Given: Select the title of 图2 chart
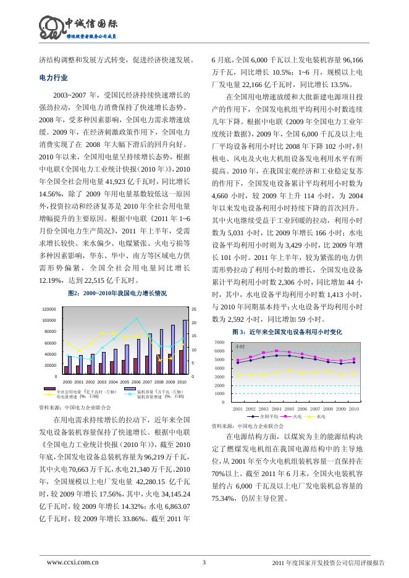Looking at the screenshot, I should pyautogui.click(x=117, y=293).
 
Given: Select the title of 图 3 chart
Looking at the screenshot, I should pyautogui.click(x=286, y=332).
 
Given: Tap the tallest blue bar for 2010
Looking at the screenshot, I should pyautogui.click(x=185, y=338).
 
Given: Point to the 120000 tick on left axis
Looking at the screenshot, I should pyautogui.click(x=49, y=308).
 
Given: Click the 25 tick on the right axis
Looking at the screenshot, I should pyautogui.click(x=194, y=308).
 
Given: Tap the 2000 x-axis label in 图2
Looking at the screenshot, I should pyautogui.click(x=67, y=382).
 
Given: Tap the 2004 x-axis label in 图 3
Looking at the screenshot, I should pyautogui.click(x=276, y=409).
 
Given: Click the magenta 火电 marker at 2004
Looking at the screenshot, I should pyautogui.click(x=276, y=351).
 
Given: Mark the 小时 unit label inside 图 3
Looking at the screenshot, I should pyautogui.click(x=240, y=346).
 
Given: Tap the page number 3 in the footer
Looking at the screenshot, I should pyautogui.click(x=204, y=562).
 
